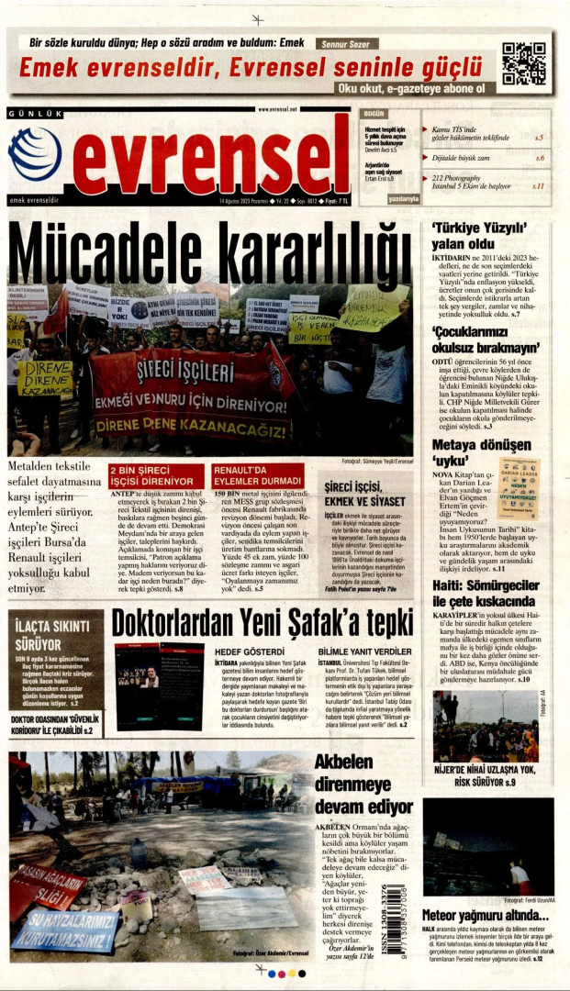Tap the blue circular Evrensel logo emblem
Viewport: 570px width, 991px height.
tap(35, 153)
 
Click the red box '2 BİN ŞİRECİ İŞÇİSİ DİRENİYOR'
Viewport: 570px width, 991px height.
tap(156, 475)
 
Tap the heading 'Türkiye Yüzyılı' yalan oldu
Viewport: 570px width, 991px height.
tap(478, 236)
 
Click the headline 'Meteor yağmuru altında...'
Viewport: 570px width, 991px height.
tap(485, 915)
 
